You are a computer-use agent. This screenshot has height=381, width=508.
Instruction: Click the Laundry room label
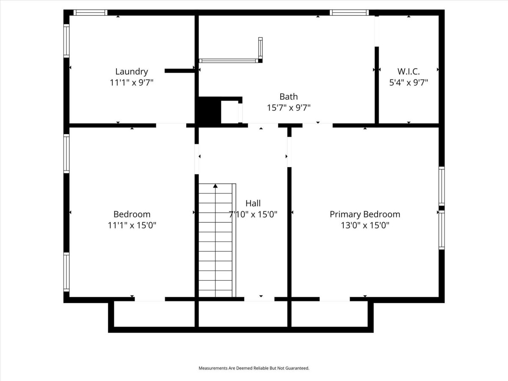[132, 72]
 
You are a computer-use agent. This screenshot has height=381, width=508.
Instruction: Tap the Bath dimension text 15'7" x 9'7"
[289, 108]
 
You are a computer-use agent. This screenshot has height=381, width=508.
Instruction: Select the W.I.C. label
[409, 72]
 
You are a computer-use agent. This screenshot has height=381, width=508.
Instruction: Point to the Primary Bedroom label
[365, 215]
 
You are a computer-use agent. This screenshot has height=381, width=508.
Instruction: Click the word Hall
[253, 203]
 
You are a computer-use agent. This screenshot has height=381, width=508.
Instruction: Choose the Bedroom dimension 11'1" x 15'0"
[132, 225]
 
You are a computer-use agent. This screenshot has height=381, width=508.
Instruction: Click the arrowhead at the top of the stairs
[215, 186]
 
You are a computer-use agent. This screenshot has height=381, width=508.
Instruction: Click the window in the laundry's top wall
[91, 13]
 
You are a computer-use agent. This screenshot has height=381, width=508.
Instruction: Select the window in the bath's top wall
[349, 13]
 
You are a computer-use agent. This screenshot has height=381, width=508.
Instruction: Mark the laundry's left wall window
[66, 41]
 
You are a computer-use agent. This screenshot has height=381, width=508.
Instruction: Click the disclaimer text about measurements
[254, 368]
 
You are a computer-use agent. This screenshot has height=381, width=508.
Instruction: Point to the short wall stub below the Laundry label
[180, 71]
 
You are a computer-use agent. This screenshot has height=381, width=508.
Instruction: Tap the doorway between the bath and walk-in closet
[377, 31]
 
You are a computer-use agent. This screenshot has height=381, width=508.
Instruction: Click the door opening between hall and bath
[263, 125]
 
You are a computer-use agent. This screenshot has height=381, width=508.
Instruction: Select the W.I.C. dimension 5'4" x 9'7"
[409, 83]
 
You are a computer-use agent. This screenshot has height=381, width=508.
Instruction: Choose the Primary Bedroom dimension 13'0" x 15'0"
[365, 225]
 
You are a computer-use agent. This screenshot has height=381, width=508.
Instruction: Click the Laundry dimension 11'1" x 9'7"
[132, 83]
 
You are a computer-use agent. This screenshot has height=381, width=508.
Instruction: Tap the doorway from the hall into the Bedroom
[197, 159]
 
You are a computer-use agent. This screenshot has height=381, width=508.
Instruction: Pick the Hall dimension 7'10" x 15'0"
[253, 215]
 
